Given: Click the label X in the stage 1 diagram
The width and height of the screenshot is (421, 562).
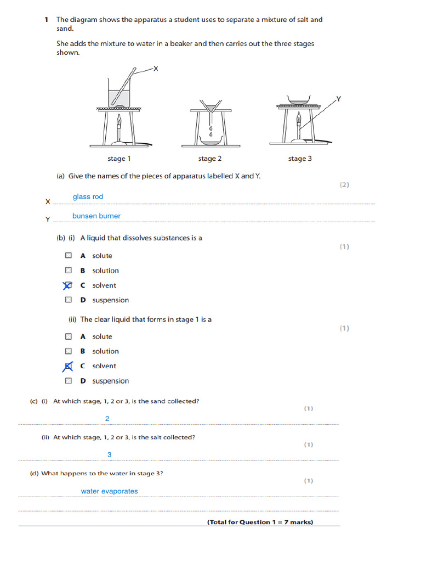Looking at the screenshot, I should [155, 69].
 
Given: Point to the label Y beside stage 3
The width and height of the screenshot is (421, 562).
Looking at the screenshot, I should [338, 99].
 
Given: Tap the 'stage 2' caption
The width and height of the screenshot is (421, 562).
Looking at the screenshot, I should [210, 159].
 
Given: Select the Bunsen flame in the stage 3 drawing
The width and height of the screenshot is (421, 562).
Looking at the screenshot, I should [299, 119].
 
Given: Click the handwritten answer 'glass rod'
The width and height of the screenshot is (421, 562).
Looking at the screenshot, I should [88, 197].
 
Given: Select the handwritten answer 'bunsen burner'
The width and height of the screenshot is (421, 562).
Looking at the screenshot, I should [96, 216].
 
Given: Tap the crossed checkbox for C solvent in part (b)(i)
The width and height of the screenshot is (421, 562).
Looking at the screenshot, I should [68, 285].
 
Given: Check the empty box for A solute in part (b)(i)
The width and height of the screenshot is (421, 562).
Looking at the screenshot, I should [68, 256].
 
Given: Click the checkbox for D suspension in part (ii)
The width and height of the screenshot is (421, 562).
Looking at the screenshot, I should [68, 381].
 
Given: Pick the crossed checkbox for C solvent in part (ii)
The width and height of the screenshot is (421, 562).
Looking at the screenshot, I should [68, 366].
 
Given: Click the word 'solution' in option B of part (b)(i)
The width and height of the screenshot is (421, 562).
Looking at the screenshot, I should [105, 271].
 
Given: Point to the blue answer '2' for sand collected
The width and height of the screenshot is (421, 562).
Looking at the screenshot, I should [107, 419].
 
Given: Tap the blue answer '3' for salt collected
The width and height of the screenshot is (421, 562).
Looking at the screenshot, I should [109, 455].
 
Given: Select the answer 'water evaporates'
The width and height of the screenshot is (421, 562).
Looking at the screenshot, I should [110, 491].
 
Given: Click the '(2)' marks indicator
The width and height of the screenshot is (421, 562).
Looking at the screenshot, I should [344, 185].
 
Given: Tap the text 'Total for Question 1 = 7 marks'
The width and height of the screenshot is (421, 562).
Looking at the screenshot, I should [260, 522].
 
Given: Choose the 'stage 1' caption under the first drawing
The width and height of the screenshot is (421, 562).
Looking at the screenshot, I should [119, 159].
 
